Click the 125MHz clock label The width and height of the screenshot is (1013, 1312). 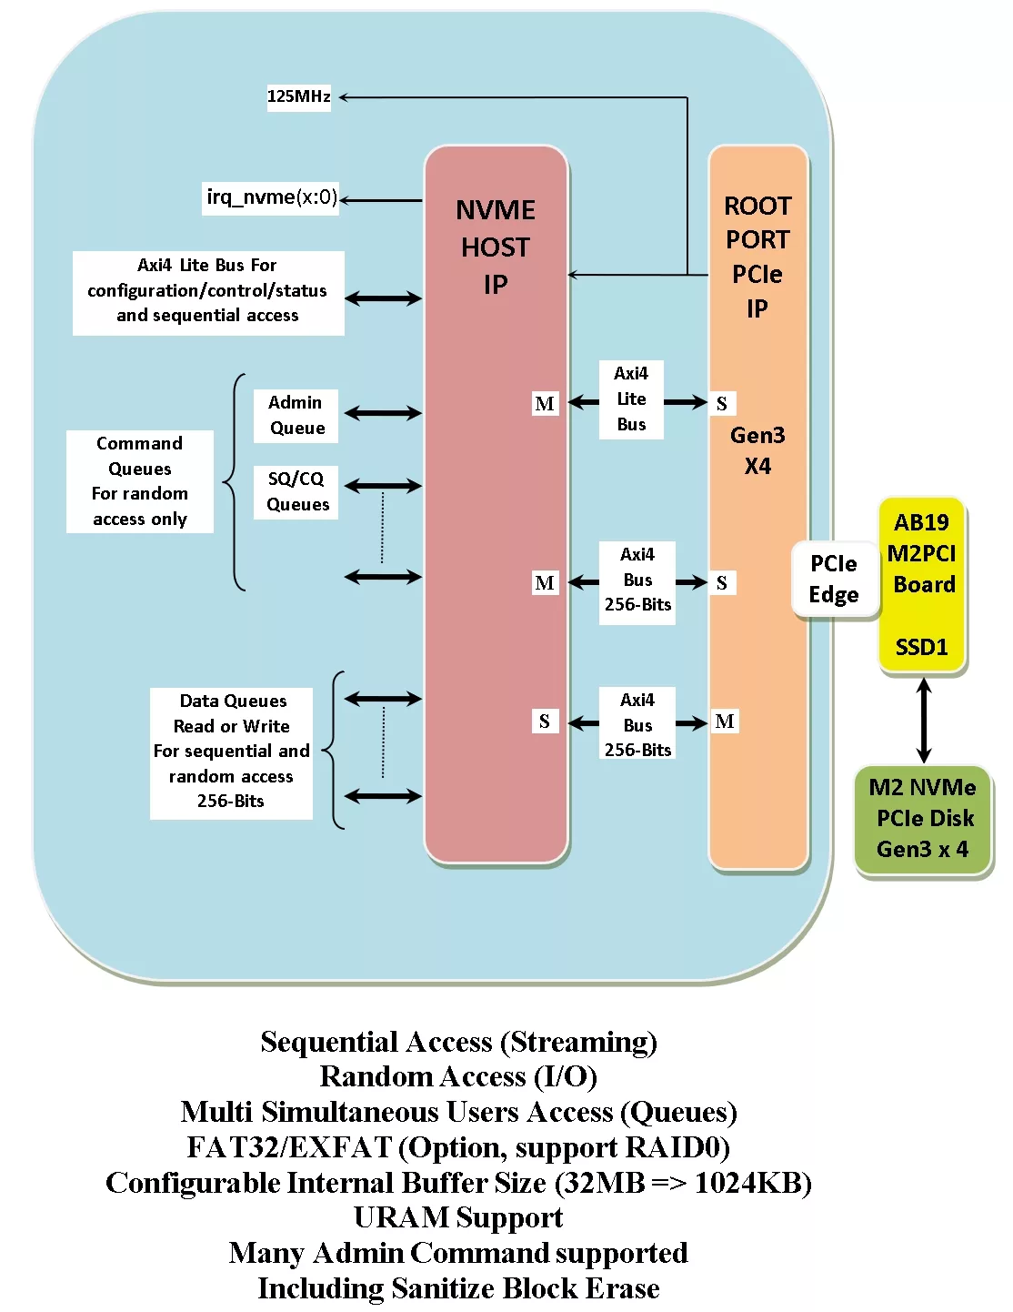click(298, 96)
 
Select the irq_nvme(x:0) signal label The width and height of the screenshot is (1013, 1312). click(270, 197)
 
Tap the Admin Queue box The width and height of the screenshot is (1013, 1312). click(296, 416)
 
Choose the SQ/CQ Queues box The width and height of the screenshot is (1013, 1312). click(296, 491)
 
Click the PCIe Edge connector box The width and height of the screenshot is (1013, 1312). click(834, 579)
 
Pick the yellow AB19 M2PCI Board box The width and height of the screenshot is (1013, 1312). click(921, 584)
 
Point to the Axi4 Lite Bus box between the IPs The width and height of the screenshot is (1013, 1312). click(631, 399)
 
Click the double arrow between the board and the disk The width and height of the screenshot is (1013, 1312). click(924, 720)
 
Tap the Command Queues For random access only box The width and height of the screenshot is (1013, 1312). click(140, 481)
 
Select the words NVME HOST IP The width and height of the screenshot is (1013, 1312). click(496, 247)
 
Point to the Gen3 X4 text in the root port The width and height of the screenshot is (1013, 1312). click(757, 450)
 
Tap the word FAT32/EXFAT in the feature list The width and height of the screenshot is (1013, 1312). click(289, 1147)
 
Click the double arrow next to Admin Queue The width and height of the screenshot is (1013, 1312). click(383, 414)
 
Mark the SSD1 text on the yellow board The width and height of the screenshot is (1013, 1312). click(922, 647)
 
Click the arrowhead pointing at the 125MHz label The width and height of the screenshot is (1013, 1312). click(344, 96)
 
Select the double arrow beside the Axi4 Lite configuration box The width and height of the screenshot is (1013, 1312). click(383, 298)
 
